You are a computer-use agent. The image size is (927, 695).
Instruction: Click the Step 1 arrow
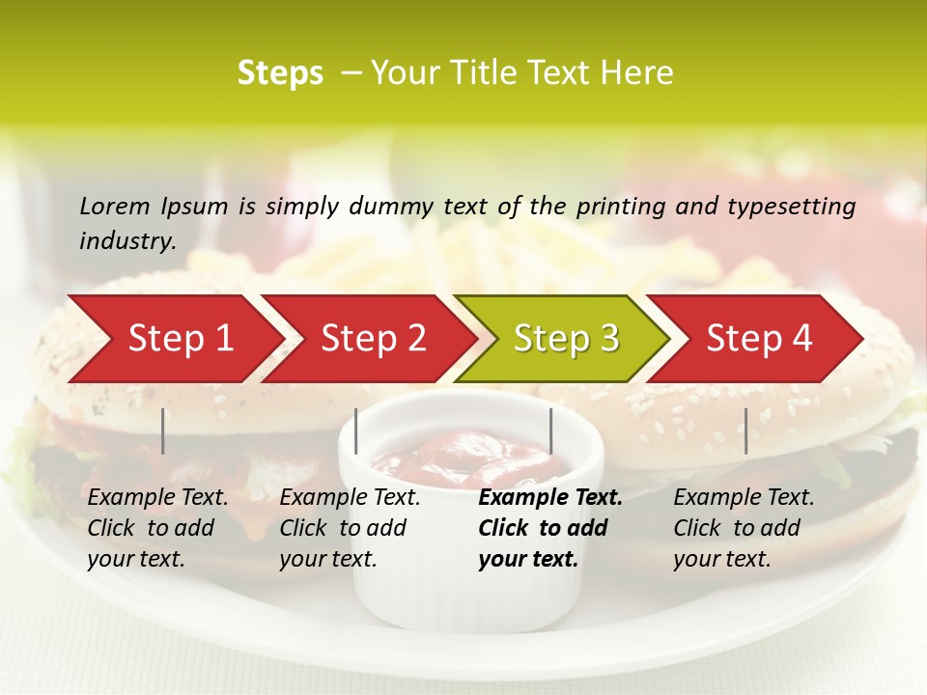click(180, 339)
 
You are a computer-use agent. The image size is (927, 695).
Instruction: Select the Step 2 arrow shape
click(373, 339)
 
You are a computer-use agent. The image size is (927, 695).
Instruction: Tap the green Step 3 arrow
click(566, 339)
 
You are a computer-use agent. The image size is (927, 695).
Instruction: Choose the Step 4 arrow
click(759, 339)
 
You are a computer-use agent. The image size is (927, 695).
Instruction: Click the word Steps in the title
click(280, 73)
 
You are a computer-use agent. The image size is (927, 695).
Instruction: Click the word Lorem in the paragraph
click(115, 206)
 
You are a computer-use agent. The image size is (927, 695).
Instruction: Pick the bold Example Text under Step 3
click(550, 498)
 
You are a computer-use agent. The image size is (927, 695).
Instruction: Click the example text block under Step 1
click(157, 528)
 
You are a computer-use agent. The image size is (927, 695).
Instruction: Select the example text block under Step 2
click(350, 528)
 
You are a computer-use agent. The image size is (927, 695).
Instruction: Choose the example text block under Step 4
click(744, 528)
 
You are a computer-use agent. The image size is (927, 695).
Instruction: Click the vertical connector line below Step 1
click(163, 431)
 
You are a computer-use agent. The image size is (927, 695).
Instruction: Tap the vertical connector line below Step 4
click(745, 431)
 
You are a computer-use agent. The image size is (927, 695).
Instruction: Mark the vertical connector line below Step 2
click(356, 431)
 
